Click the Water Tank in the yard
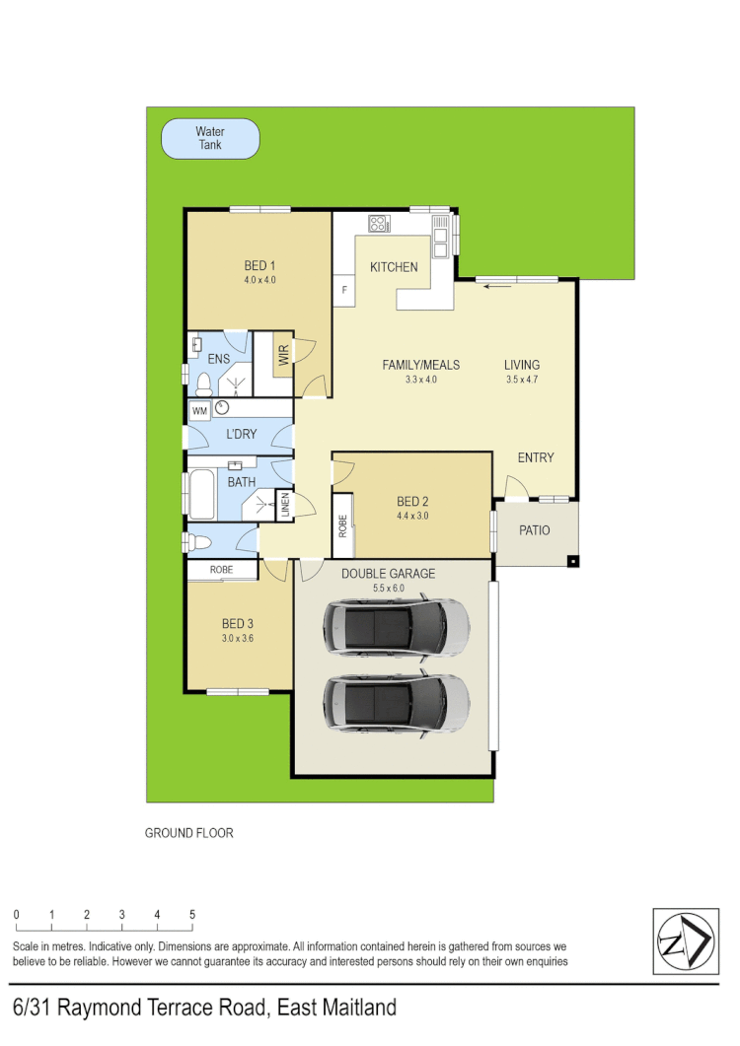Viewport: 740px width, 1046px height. (x=210, y=139)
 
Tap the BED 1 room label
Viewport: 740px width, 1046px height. (x=259, y=265)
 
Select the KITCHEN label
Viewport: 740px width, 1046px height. (x=394, y=267)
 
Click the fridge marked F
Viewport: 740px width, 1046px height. (x=344, y=290)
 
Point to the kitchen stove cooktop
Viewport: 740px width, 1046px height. (x=379, y=223)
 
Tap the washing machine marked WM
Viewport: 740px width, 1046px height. (x=200, y=410)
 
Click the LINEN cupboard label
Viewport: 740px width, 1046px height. (x=284, y=506)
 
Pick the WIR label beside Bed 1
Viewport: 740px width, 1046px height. (x=283, y=355)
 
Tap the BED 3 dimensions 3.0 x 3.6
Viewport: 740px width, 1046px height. (x=238, y=638)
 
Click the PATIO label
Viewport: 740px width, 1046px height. (x=534, y=531)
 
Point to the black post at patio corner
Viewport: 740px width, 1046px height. (x=572, y=562)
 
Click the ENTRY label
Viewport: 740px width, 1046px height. (x=536, y=457)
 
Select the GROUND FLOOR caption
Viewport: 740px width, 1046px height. (x=189, y=833)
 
